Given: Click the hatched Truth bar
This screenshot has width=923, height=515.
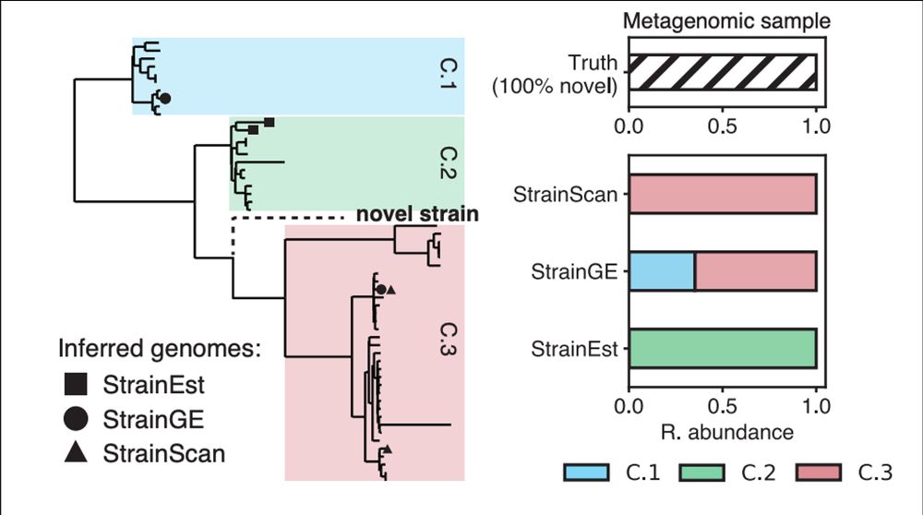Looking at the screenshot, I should (722, 73).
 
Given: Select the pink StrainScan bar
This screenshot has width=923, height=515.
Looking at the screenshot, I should (722, 196).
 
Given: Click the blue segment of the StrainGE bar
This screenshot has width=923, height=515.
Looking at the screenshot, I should (661, 271).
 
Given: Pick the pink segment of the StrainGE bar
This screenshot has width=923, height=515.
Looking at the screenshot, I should (755, 271).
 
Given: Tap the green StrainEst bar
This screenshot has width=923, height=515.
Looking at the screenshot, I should (722, 349).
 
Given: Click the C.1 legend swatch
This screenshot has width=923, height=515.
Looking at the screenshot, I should (586, 473).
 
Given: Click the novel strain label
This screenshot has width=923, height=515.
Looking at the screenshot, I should (417, 215).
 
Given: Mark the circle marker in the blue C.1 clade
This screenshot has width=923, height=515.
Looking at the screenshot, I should (165, 98).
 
